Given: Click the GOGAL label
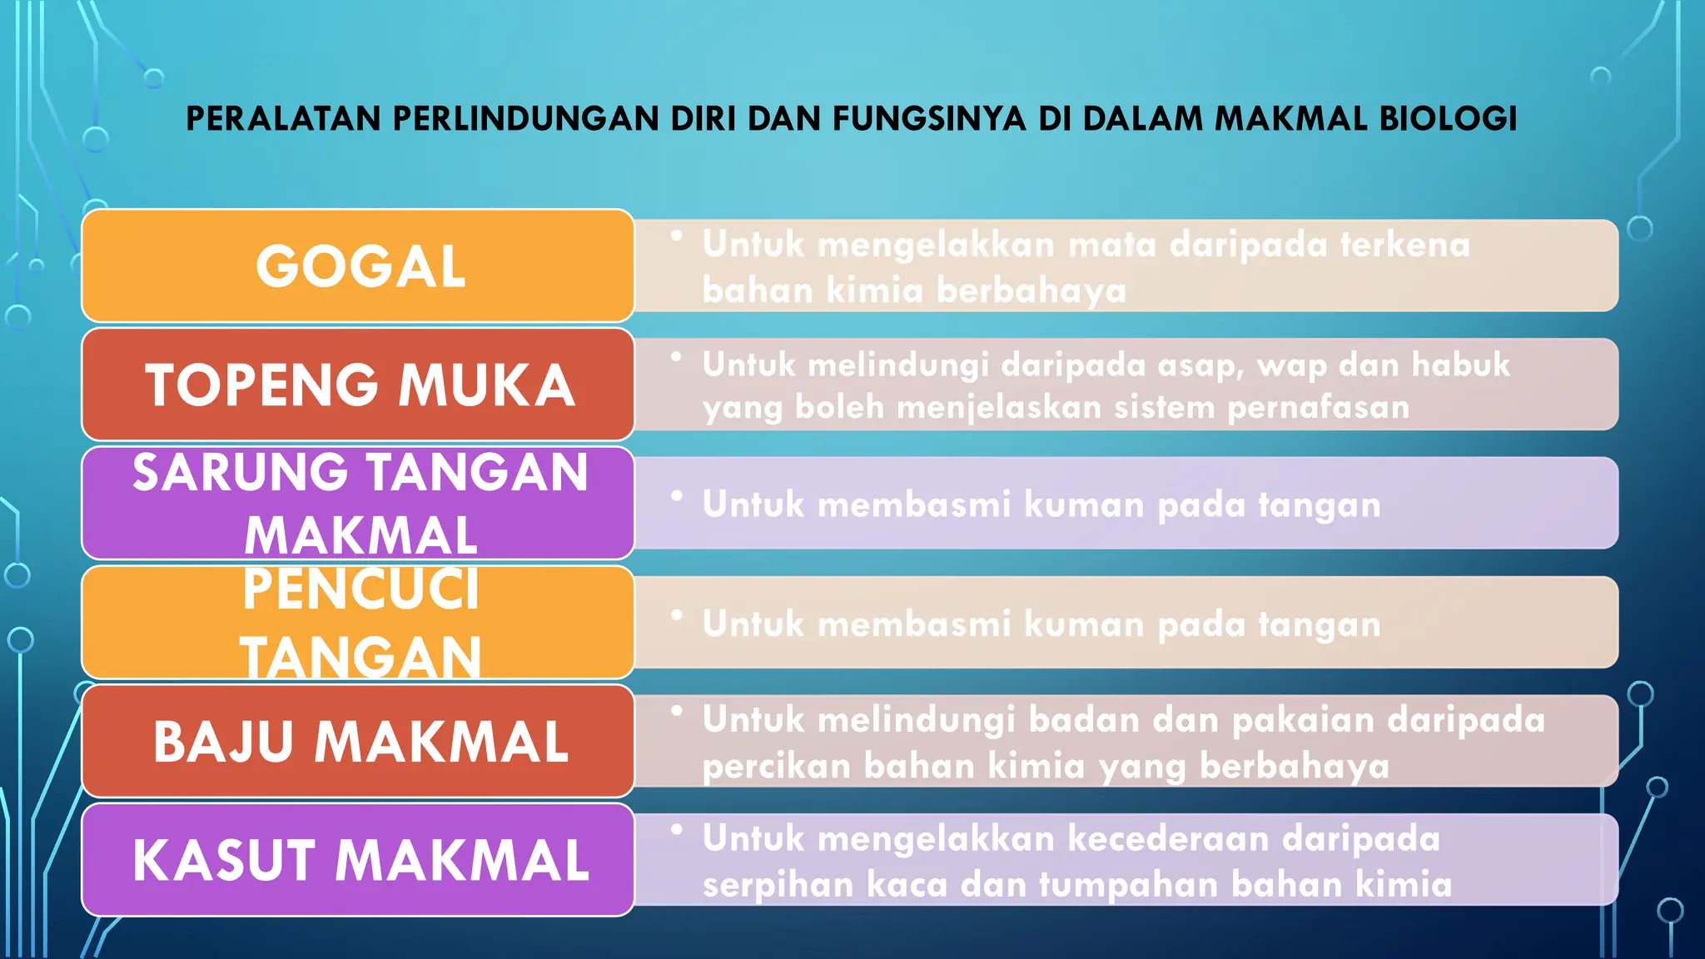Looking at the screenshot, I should click(x=360, y=267).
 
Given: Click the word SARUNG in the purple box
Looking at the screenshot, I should click(x=240, y=473).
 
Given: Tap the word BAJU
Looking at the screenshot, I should click(x=223, y=742).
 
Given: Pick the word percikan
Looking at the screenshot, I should click(x=776, y=766).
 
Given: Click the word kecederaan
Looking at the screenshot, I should click(x=1168, y=839).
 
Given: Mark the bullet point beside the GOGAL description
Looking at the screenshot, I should click(x=677, y=236).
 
